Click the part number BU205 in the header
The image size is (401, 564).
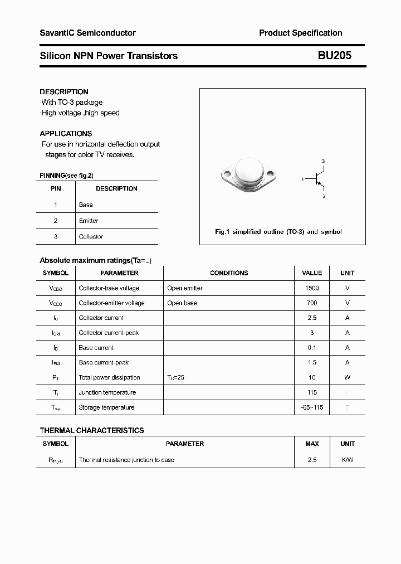(335, 56)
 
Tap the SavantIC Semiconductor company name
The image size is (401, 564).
(87, 33)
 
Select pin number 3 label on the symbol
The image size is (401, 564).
(324, 162)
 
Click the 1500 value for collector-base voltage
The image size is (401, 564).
(312, 288)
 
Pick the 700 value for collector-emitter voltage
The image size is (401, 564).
(312, 303)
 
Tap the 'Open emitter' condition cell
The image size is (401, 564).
(185, 288)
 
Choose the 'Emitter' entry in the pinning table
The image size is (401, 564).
(89, 221)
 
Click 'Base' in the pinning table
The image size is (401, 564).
(86, 205)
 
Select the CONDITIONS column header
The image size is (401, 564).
(229, 273)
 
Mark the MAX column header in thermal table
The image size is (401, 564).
(312, 444)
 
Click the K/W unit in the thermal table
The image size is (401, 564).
(348, 460)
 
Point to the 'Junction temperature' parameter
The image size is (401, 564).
(107, 392)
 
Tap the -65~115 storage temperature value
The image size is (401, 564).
(312, 407)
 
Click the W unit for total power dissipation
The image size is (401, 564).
(348, 377)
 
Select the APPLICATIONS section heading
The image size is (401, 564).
(66, 134)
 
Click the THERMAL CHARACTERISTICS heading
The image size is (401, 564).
(92, 430)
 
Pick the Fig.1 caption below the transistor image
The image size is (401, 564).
(278, 232)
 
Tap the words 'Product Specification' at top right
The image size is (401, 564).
(301, 33)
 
